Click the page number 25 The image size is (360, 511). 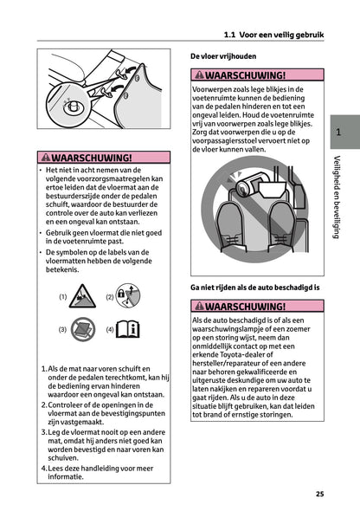coord(319,494)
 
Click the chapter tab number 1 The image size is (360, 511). coord(337,133)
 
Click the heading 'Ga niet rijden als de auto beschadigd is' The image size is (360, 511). coord(255,285)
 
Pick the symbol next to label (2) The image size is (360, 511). coord(128,295)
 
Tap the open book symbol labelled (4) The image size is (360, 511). coord(128,329)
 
